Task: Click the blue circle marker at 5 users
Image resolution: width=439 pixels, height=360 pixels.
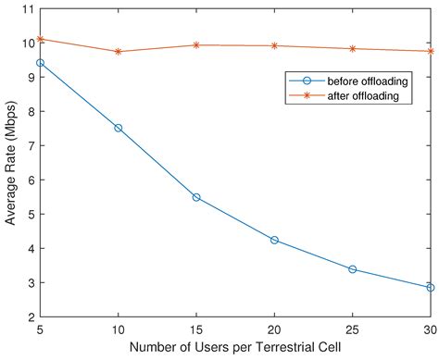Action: pyautogui.click(x=40, y=63)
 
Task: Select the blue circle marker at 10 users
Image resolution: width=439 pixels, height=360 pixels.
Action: pyautogui.click(x=118, y=128)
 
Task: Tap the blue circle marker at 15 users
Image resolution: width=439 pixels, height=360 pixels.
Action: pyautogui.click(x=196, y=197)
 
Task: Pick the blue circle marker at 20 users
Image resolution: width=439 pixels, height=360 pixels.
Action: pyautogui.click(x=274, y=240)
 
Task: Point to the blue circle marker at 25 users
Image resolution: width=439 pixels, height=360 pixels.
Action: pyautogui.click(x=353, y=269)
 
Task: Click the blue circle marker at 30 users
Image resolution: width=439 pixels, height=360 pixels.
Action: pyautogui.click(x=430, y=287)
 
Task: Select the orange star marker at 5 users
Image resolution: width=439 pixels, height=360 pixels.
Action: pyautogui.click(x=40, y=39)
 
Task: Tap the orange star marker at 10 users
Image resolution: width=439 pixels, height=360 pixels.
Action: pyautogui.click(x=118, y=52)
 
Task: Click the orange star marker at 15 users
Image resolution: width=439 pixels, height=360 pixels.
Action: pyautogui.click(x=196, y=44)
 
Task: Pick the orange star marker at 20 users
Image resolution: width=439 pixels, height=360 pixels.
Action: pyautogui.click(x=274, y=45)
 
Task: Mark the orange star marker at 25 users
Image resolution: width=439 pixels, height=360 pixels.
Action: pyautogui.click(x=353, y=49)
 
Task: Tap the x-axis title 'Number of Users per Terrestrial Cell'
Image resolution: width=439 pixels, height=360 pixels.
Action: pyautogui.click(x=235, y=350)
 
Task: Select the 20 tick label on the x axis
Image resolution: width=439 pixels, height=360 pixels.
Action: pyautogui.click(x=274, y=329)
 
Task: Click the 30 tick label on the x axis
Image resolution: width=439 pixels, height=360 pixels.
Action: pyautogui.click(x=429, y=329)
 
